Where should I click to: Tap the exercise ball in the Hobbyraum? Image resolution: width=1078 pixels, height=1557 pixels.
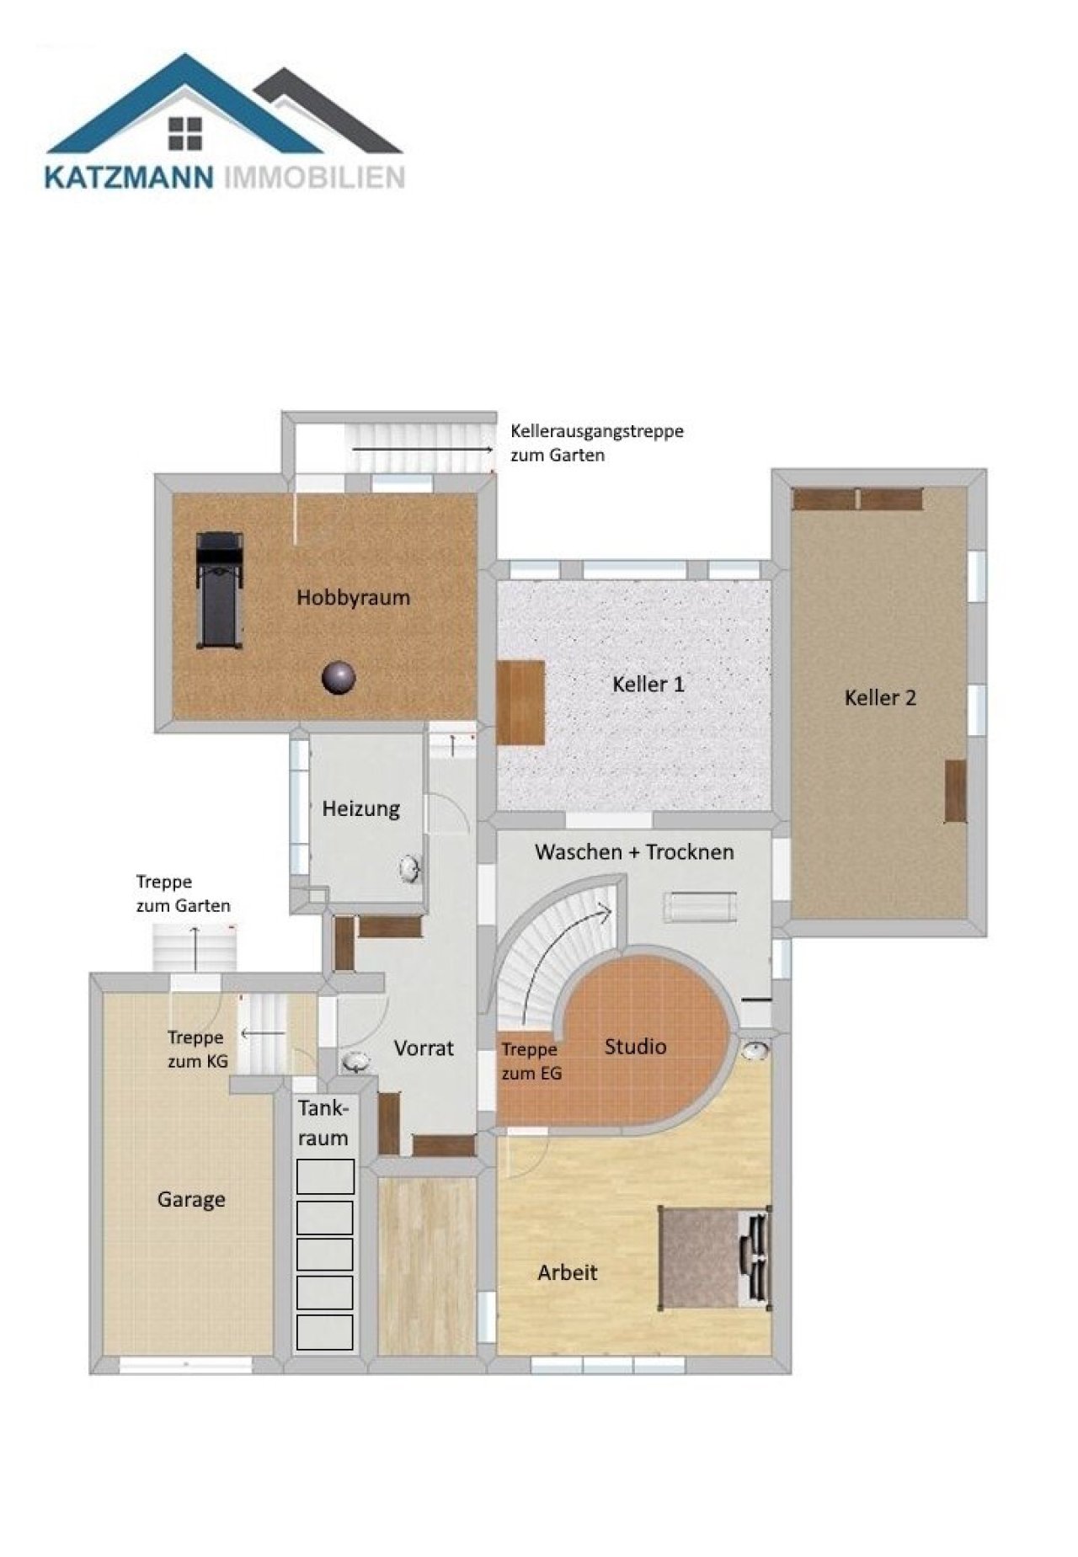339,677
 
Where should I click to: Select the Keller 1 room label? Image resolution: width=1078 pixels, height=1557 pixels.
648,684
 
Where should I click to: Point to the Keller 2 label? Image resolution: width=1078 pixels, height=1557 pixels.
880,697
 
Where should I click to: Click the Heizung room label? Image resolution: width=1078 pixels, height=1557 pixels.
360,809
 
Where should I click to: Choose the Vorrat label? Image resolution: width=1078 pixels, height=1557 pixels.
424,1048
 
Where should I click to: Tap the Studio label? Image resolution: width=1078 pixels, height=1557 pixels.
635,1047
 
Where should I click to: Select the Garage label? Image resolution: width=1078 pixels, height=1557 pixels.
191,1199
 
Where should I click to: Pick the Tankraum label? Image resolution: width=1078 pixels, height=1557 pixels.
323,1122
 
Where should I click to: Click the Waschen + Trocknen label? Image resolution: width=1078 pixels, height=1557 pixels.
634,851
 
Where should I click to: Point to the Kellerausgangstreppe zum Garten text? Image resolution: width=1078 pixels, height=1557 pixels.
597,443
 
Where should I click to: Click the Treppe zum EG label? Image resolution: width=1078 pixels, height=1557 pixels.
531,1061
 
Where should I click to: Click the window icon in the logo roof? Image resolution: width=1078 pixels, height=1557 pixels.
185,133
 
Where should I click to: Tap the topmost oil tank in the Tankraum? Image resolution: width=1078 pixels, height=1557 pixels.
325,1176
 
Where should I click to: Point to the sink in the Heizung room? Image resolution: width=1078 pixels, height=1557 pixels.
409,868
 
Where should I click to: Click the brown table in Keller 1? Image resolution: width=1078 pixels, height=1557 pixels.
520,702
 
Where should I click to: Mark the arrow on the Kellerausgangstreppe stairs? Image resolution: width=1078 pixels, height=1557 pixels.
422,451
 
